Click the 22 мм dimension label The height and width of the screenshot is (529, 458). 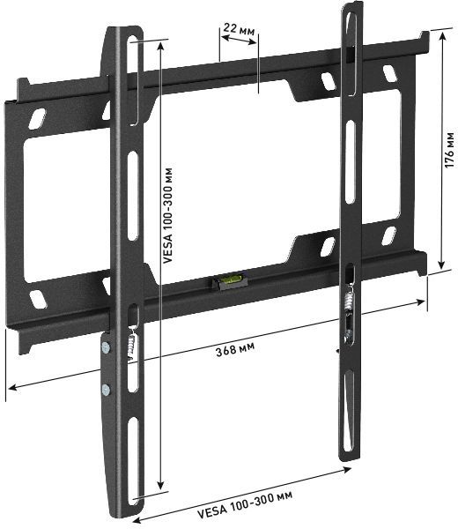tap(237, 30)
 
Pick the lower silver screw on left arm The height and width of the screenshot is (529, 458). tap(107, 391)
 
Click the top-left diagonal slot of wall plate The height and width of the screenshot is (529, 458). tap(37, 115)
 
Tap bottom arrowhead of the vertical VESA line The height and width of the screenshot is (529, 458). tap(159, 486)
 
